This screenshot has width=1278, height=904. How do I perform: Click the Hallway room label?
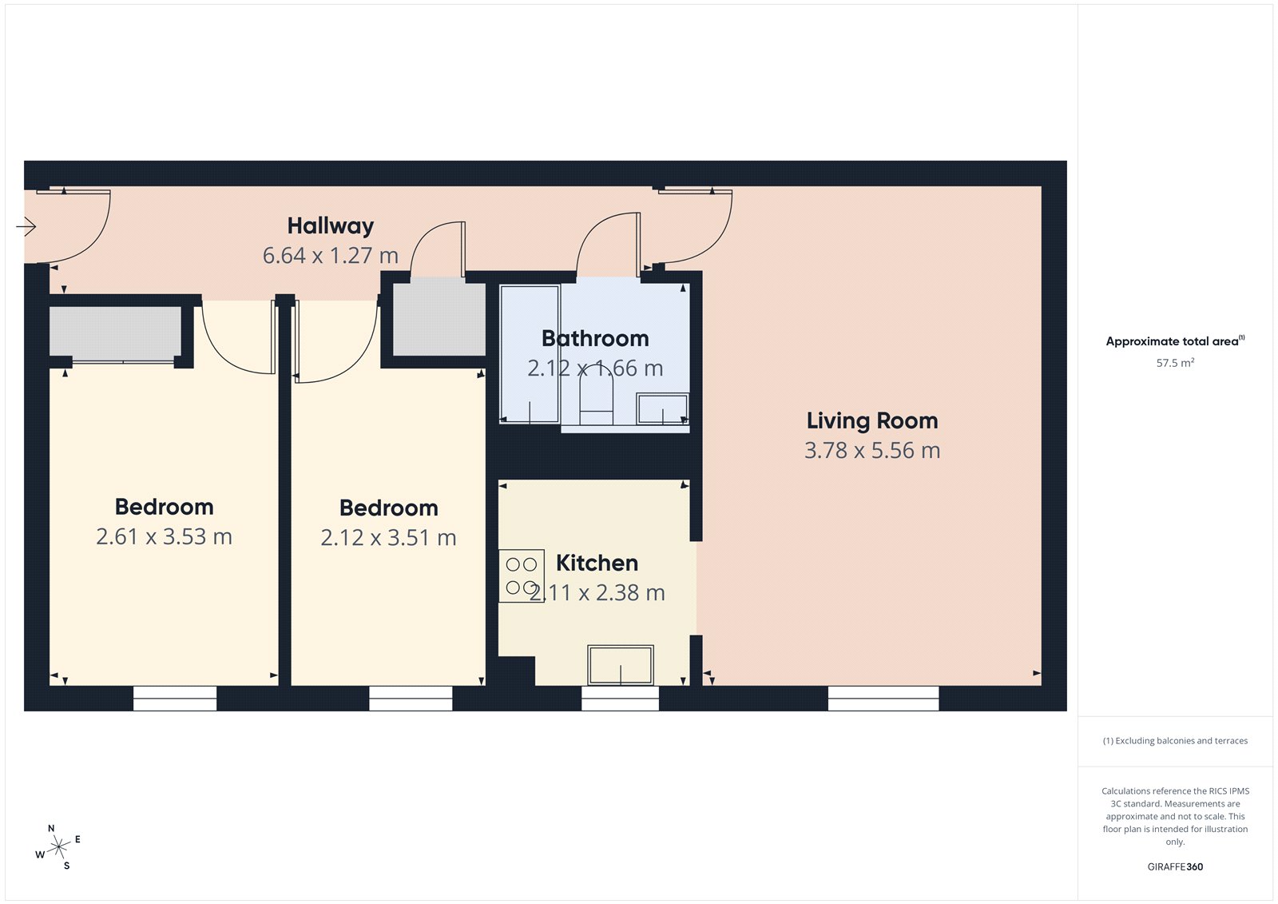pos(330,226)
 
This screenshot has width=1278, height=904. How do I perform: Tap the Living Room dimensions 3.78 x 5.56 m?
pos(871,451)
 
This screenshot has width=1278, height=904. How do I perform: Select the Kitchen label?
pos(597,564)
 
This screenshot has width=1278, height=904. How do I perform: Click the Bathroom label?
pos(595,339)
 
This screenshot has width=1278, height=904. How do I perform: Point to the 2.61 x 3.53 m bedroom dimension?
pos(164,537)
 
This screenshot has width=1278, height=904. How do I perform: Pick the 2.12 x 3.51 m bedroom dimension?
pos(388,538)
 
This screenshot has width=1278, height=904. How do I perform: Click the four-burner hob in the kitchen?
pos(522,575)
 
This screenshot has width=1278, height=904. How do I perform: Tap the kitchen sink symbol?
pos(621,665)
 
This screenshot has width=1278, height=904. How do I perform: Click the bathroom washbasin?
pos(662,408)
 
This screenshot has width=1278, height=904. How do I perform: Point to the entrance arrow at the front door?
pos(26,227)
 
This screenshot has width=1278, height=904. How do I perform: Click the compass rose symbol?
pos(58,847)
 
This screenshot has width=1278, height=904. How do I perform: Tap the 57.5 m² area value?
pos(1175,363)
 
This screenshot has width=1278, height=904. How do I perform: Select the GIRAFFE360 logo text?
pos(1175,866)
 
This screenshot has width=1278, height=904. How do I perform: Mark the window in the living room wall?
pos(883,699)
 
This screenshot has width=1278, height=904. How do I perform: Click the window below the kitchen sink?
pos(620,699)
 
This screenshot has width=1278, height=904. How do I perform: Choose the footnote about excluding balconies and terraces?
pos(1175,741)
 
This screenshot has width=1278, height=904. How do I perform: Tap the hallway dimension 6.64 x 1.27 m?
pos(330,256)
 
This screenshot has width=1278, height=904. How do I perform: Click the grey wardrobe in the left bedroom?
pos(116,333)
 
